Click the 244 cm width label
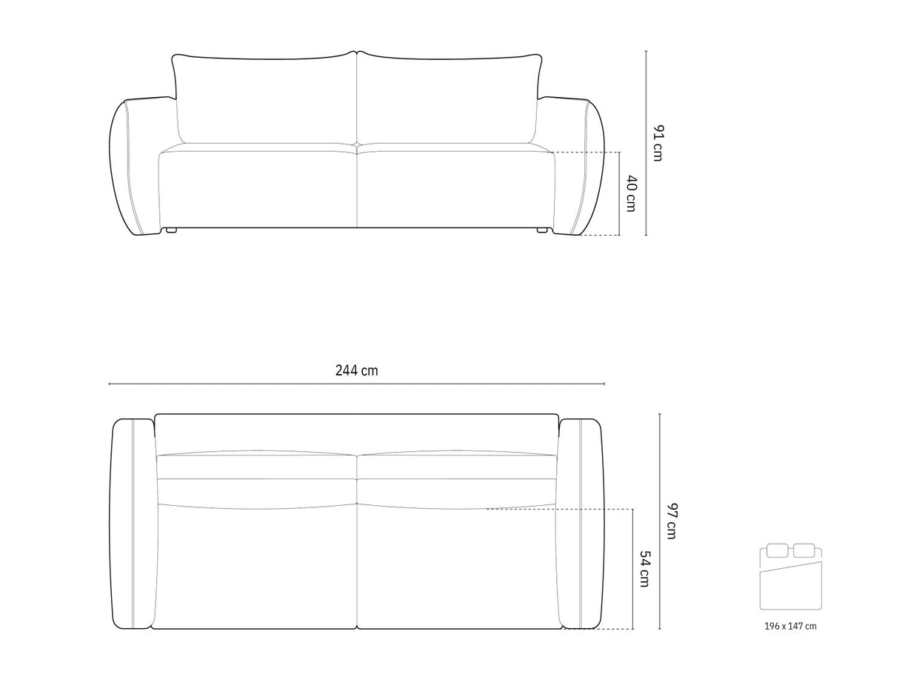[x=356, y=371]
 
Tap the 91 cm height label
[x=658, y=143]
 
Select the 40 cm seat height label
[x=630, y=193]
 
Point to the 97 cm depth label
[x=670, y=521]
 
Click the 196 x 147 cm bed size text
[x=790, y=626]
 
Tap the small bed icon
[x=790, y=580]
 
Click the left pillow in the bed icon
[x=777, y=550]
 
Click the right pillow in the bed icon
[x=803, y=550]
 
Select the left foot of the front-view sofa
[x=172, y=230]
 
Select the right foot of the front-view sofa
[x=542, y=230]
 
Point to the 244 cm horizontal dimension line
[x=222, y=384]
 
